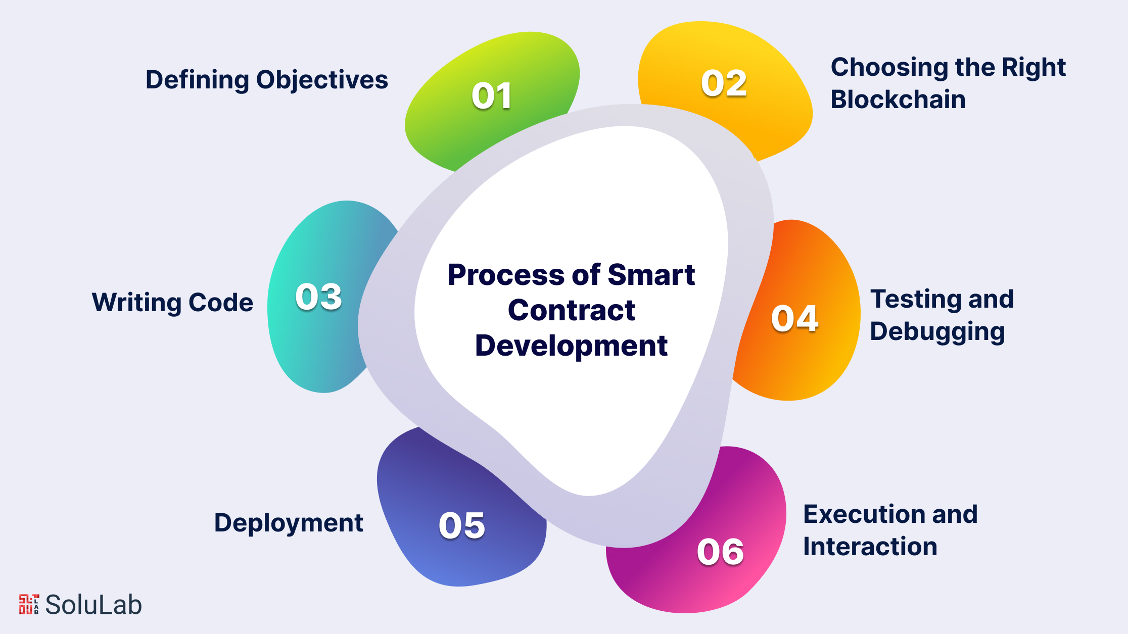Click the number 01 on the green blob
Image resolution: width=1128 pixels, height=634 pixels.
pos(492,96)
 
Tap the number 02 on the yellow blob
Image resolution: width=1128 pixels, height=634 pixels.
pos(724,83)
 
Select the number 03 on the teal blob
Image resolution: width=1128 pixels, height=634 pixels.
pos(319,297)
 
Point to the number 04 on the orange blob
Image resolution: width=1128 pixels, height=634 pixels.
pos(795,319)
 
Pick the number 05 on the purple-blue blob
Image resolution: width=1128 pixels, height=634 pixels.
pos(462,525)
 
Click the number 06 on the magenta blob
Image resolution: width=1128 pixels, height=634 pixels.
pos(720,552)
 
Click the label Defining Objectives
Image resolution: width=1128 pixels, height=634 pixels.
pos(267,80)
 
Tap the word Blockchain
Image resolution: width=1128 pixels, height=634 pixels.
pos(898,99)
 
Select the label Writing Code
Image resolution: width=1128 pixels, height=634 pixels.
pos(172,303)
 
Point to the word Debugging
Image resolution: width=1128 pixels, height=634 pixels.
pos(937,332)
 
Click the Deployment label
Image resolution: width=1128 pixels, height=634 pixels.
pos(289,523)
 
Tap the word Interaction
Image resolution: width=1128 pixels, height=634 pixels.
pos(870,547)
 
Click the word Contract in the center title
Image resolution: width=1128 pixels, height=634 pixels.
pos(571,310)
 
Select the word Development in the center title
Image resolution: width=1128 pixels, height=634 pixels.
pos(571,346)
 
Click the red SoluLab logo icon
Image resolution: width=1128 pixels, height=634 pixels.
pos(29,604)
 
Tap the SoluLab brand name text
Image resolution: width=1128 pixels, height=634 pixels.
pos(93,605)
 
